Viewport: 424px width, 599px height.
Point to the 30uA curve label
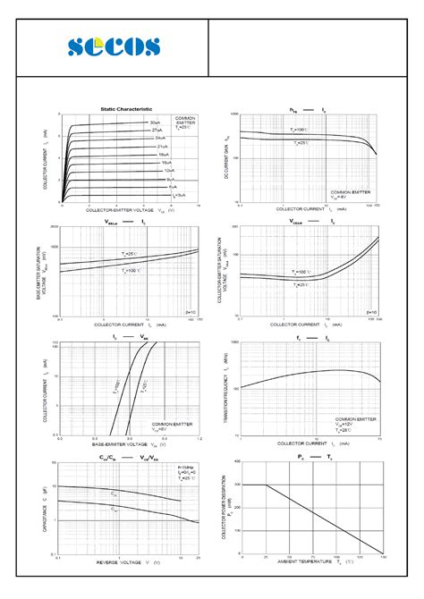click(156, 122)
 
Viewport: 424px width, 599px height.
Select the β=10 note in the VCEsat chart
click(370, 312)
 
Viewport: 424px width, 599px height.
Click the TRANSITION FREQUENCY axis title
click(226, 389)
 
